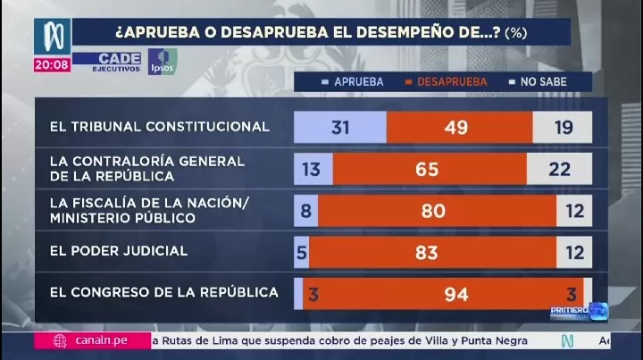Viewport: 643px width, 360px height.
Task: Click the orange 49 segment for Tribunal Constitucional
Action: pyautogui.click(x=458, y=128)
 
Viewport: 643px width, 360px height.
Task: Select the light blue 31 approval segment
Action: pyautogui.click(x=340, y=128)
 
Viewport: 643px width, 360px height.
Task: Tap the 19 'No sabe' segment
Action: pyautogui.click(x=563, y=128)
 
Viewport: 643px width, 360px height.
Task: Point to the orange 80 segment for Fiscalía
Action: pyautogui.click(x=436, y=211)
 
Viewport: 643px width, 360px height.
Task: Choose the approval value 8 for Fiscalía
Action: pyautogui.click(x=306, y=211)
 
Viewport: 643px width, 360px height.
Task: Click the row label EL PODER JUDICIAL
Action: pyautogui.click(x=118, y=251)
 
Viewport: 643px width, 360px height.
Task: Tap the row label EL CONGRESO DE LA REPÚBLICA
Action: pyautogui.click(x=163, y=291)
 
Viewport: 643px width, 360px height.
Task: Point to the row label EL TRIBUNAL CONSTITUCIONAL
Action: pyautogui.click(x=160, y=126)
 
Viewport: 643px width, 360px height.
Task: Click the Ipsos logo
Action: pyautogui.click(x=163, y=62)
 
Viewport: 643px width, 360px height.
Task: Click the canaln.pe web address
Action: pyautogui.click(x=100, y=341)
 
